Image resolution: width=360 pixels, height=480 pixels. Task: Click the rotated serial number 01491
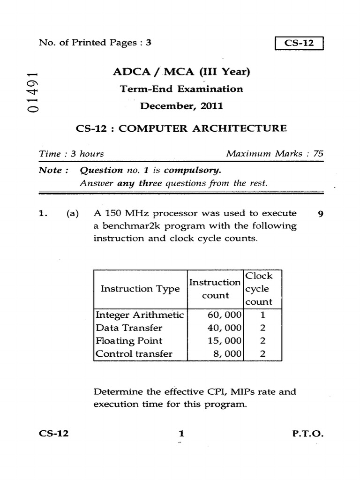(x=32, y=92)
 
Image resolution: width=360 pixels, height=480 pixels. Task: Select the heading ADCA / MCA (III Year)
(x=181, y=72)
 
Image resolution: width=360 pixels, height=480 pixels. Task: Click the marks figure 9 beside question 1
(x=320, y=214)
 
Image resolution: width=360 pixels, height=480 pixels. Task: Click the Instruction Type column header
(x=140, y=289)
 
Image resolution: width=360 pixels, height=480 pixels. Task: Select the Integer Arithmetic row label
(x=139, y=315)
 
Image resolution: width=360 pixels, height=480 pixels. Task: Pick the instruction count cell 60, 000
(x=224, y=315)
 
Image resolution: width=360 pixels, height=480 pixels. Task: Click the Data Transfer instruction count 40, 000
(x=224, y=328)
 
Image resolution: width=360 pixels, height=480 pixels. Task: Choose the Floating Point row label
(x=129, y=341)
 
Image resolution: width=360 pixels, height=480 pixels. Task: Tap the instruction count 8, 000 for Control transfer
(x=227, y=354)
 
